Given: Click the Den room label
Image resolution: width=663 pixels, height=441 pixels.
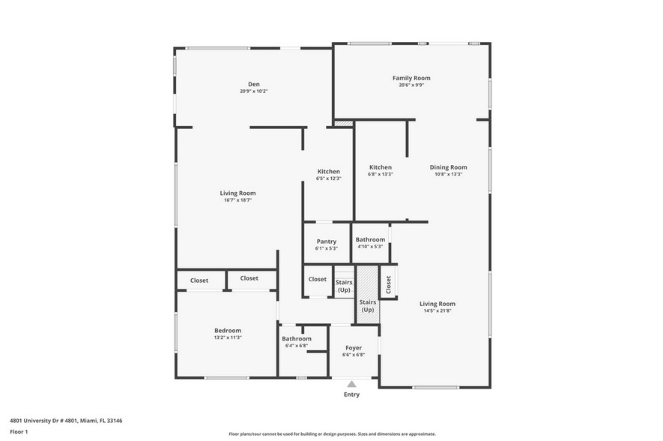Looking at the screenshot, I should (x=254, y=84).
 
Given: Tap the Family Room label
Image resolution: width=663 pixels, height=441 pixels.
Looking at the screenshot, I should (x=411, y=78).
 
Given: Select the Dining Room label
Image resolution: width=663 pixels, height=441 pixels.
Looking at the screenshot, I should (x=448, y=167).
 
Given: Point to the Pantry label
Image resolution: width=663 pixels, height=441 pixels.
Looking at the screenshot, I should (x=326, y=241).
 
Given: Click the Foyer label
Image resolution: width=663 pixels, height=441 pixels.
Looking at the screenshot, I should (x=354, y=348).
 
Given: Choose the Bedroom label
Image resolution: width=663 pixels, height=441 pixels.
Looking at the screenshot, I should (x=228, y=331).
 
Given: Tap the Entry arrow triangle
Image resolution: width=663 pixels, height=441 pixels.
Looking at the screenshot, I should (x=351, y=384).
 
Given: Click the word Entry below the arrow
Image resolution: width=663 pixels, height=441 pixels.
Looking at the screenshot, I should (x=351, y=394).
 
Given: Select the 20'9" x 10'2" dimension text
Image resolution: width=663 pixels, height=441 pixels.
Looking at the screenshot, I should (x=254, y=91).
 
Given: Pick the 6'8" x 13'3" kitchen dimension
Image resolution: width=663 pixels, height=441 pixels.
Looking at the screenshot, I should (x=381, y=174).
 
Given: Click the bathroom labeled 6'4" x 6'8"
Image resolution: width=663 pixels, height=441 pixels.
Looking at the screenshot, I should (x=297, y=342).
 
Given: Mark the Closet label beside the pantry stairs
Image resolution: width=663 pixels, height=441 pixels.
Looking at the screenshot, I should (x=318, y=279).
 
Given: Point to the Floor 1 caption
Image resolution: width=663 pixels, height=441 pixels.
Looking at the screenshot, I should (x=18, y=432).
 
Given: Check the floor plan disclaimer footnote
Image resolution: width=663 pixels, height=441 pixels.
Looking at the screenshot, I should (x=333, y=434).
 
